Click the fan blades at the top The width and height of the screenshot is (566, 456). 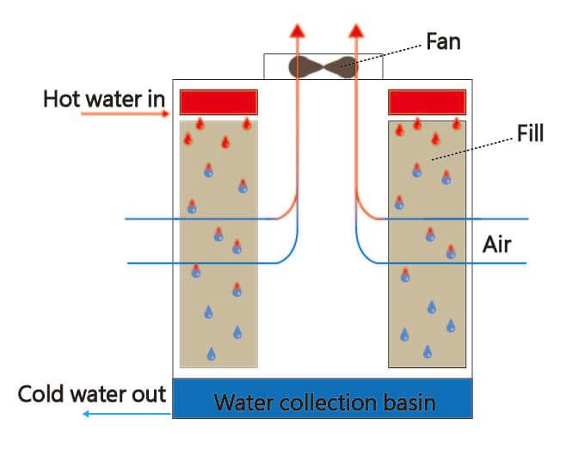(323, 65)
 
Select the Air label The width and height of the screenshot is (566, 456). (496, 245)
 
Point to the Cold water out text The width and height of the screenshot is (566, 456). (92, 395)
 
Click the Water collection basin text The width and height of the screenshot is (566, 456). (324, 402)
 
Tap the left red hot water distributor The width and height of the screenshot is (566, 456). (218, 102)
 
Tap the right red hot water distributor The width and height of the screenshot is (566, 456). (427, 102)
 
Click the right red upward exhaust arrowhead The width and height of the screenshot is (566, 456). (355, 30)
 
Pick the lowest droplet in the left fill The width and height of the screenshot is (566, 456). (212, 354)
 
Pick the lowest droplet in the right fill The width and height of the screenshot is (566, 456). (428, 351)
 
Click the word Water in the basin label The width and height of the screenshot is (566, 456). (243, 402)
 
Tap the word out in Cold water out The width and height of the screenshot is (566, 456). (147, 395)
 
